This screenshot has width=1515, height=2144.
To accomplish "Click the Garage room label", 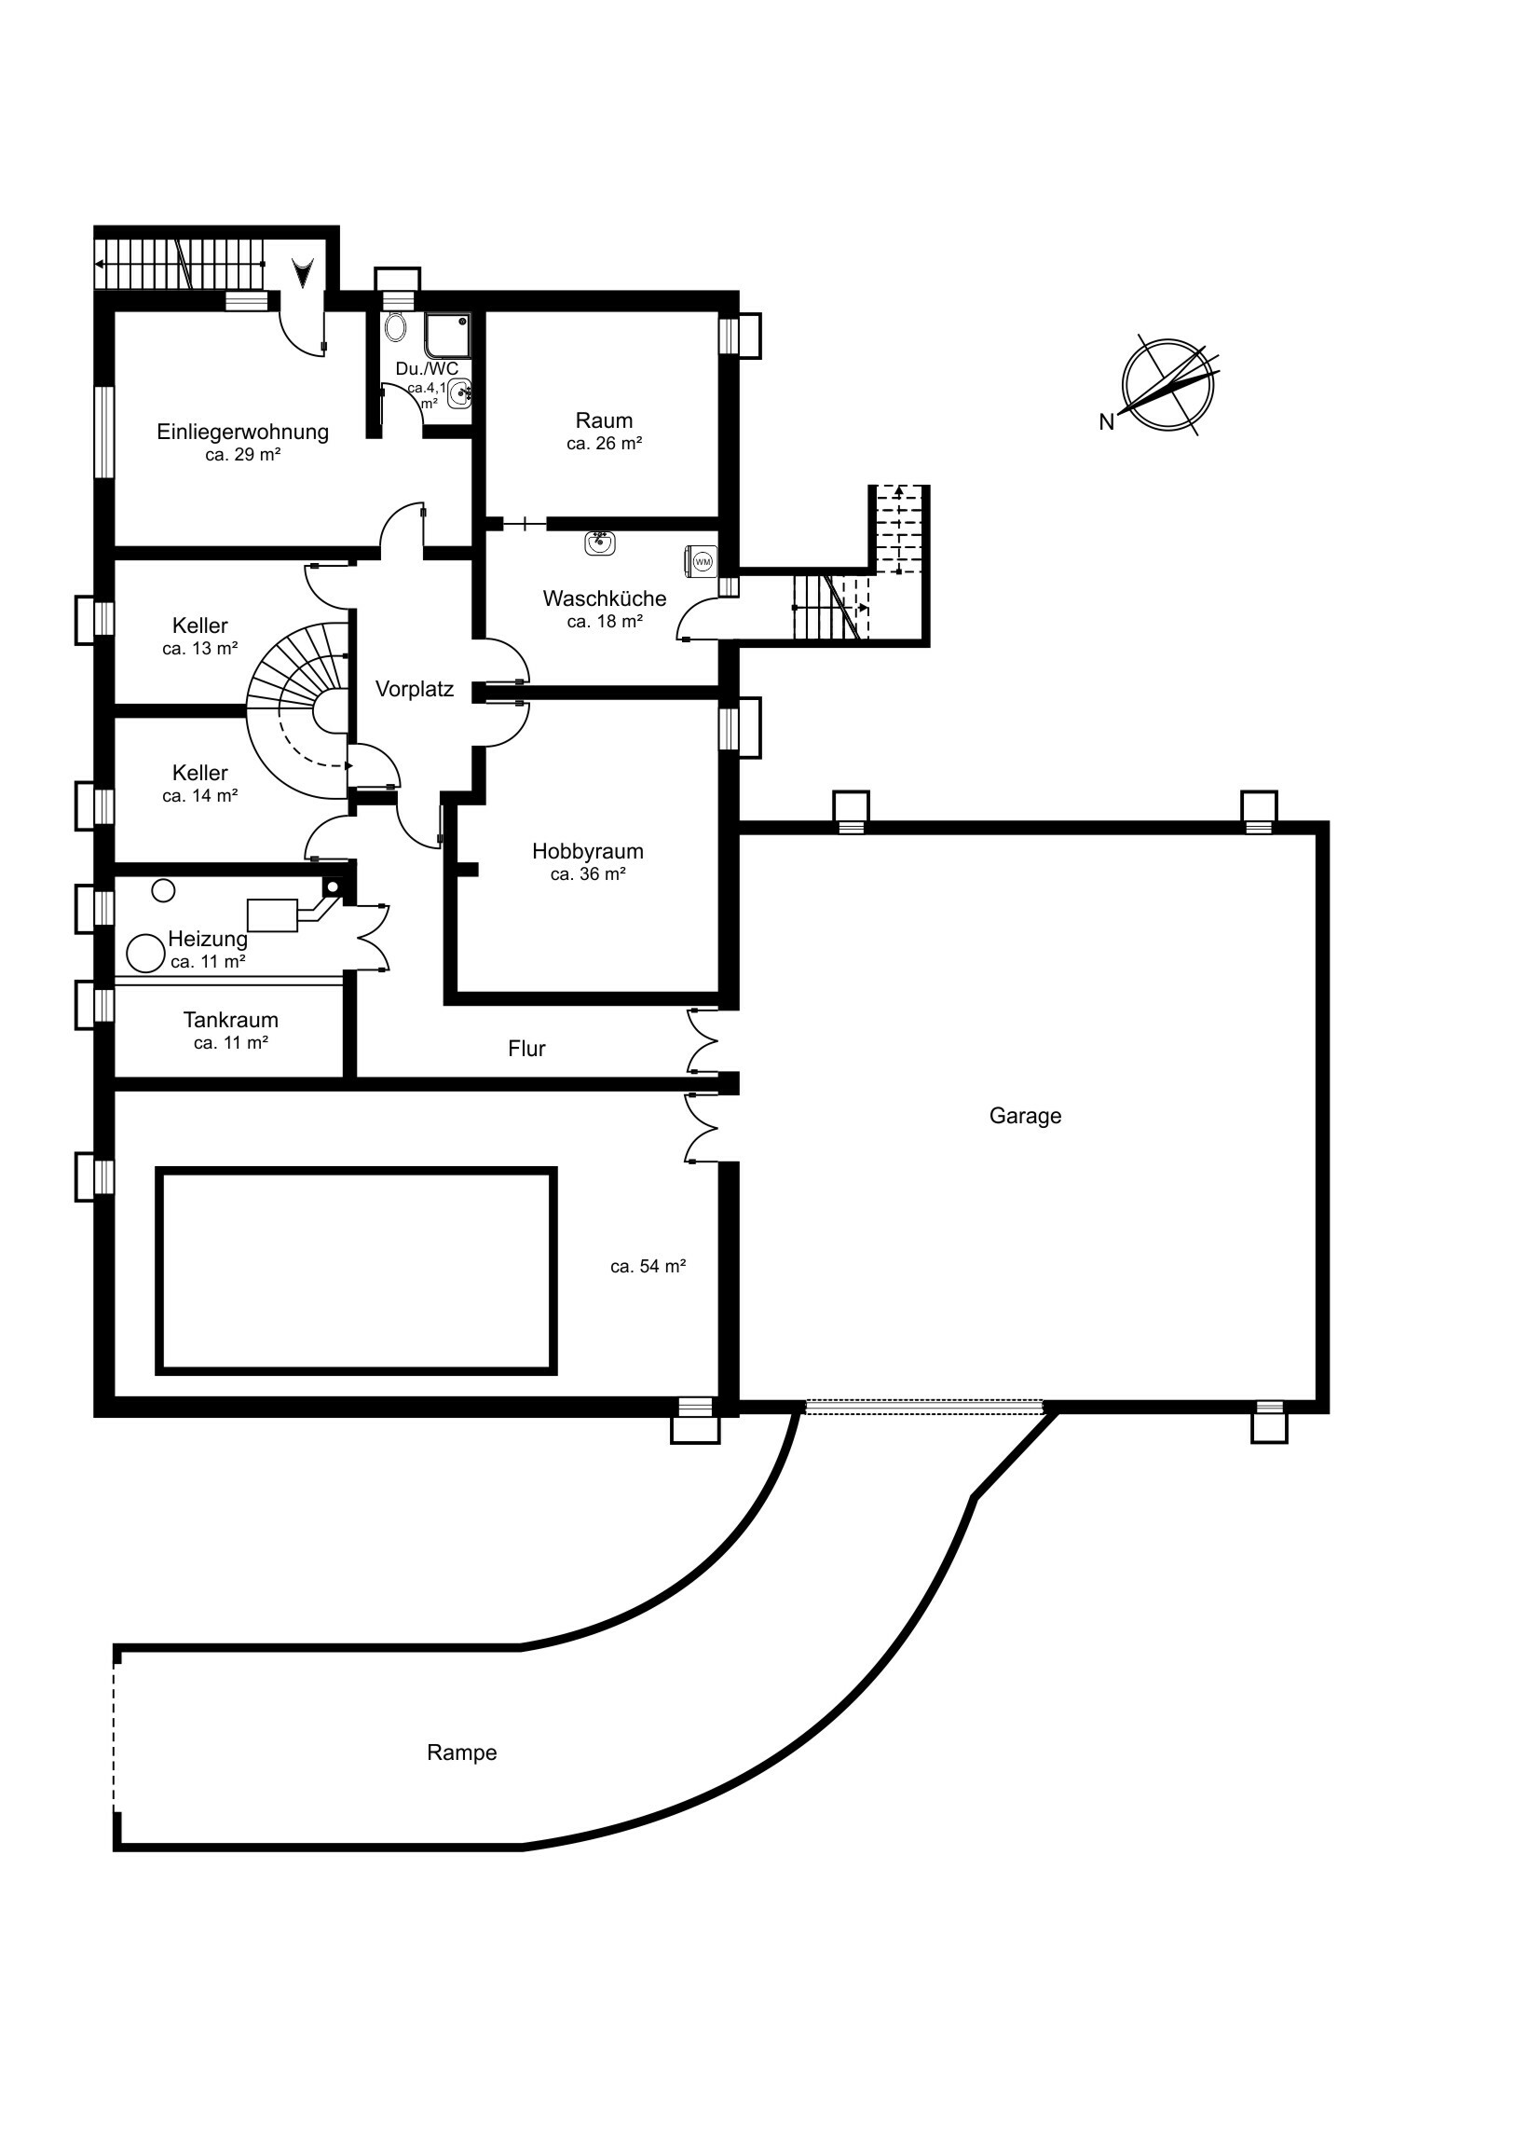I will (1025, 1116).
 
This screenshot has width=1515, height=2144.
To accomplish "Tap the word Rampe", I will (461, 1752).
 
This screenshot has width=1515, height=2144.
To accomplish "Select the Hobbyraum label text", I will (587, 851).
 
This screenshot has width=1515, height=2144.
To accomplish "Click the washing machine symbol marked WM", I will (702, 561).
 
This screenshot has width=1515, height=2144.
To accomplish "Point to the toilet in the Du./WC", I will (396, 327).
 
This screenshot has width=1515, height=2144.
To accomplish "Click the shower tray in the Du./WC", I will (447, 335).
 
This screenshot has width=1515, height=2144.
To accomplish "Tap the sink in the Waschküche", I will (599, 541).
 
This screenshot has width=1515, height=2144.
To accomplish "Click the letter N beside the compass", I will (1106, 422).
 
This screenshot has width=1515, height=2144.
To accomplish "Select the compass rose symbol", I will (1168, 384).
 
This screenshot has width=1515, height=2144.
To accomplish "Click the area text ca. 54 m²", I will (648, 1266).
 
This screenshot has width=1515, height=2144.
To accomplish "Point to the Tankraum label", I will (230, 1020).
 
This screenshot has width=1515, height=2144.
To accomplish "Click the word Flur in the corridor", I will (526, 1049).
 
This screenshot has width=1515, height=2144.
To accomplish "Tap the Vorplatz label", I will (415, 689).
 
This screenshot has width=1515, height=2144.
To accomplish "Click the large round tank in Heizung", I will (144, 954).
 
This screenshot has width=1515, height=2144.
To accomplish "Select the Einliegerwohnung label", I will (242, 432).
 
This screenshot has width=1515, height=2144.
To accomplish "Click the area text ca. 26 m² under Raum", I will (604, 444).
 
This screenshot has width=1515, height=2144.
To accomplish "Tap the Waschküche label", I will (604, 598).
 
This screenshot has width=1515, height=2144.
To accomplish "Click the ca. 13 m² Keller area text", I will (199, 648).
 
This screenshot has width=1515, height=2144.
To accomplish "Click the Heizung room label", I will (208, 939).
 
